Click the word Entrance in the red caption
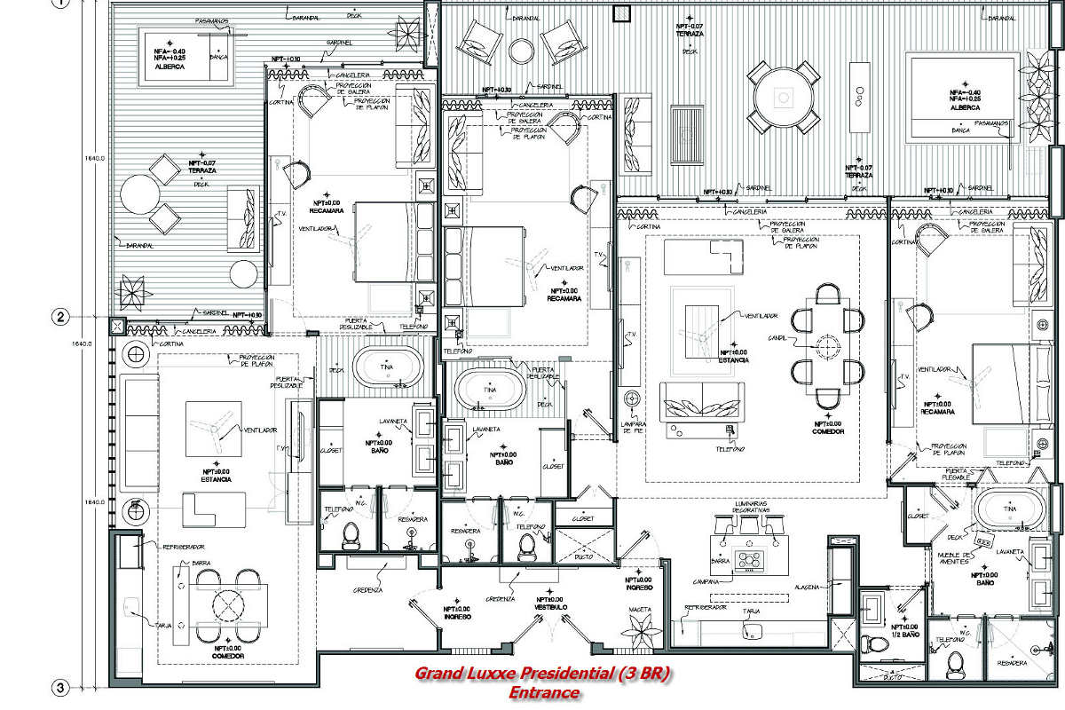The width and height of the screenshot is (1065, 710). pyautogui.click(x=544, y=692)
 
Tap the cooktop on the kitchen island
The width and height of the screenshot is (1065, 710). pyautogui.click(x=751, y=559)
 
